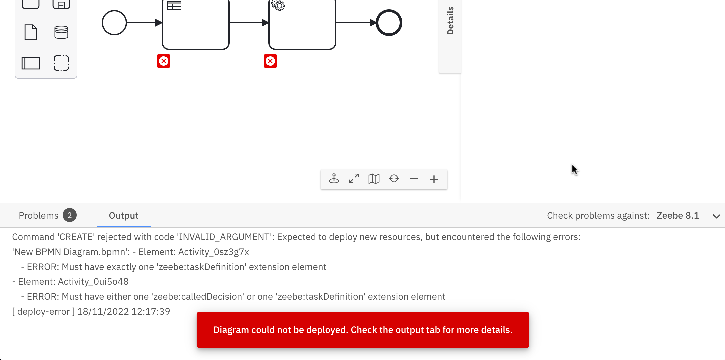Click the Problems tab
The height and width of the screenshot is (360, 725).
(38, 216)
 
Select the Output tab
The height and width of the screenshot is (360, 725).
(123, 216)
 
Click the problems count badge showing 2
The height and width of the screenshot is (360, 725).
(70, 215)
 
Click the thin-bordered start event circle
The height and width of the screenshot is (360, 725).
(114, 23)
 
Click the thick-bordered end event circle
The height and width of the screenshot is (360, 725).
(389, 23)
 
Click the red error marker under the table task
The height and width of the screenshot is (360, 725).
(164, 61)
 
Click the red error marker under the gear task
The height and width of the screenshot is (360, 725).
(270, 61)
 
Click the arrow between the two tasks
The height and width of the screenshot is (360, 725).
(249, 23)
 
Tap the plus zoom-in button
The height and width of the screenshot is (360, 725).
(434, 179)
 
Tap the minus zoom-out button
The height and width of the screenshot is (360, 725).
(414, 179)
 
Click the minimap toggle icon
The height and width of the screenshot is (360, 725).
(374, 179)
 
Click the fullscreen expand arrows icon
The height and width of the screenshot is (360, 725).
(354, 179)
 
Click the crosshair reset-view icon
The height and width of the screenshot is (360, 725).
(394, 179)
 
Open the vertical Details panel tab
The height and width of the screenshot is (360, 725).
(450, 21)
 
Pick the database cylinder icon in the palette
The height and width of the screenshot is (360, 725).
(61, 32)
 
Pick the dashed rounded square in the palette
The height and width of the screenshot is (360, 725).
(61, 63)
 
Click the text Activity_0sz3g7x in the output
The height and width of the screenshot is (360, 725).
(214, 252)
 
